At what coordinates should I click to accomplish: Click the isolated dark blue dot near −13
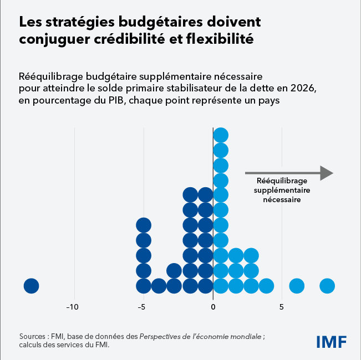pos(31,286)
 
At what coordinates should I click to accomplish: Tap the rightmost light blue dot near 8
pos(327,286)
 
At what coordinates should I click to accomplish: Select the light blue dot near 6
pos(297,286)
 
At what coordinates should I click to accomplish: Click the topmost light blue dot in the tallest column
pos(221,135)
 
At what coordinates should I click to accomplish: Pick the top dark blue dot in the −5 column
pos(144,225)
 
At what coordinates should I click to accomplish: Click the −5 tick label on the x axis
pos(143,307)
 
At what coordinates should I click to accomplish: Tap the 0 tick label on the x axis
pos(213,307)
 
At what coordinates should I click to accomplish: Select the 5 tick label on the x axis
pos(282,307)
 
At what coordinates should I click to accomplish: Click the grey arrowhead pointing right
pos(326,173)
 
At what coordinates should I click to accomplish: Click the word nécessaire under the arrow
pos(282,199)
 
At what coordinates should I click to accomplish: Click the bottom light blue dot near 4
pos(266,286)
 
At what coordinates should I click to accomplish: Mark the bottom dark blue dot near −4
pos(159,286)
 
